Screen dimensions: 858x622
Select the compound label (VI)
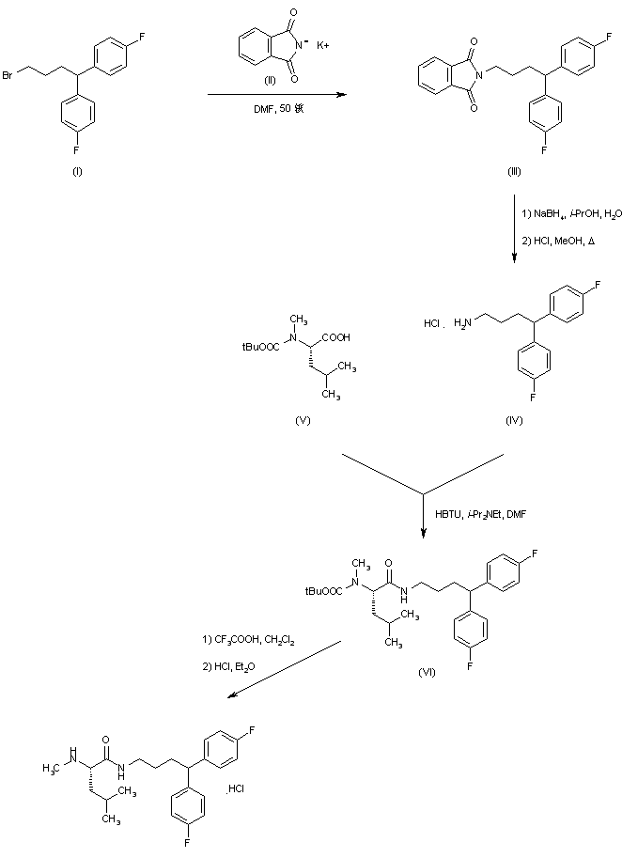tap(428, 673)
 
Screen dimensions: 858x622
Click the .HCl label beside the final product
tap(236, 788)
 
